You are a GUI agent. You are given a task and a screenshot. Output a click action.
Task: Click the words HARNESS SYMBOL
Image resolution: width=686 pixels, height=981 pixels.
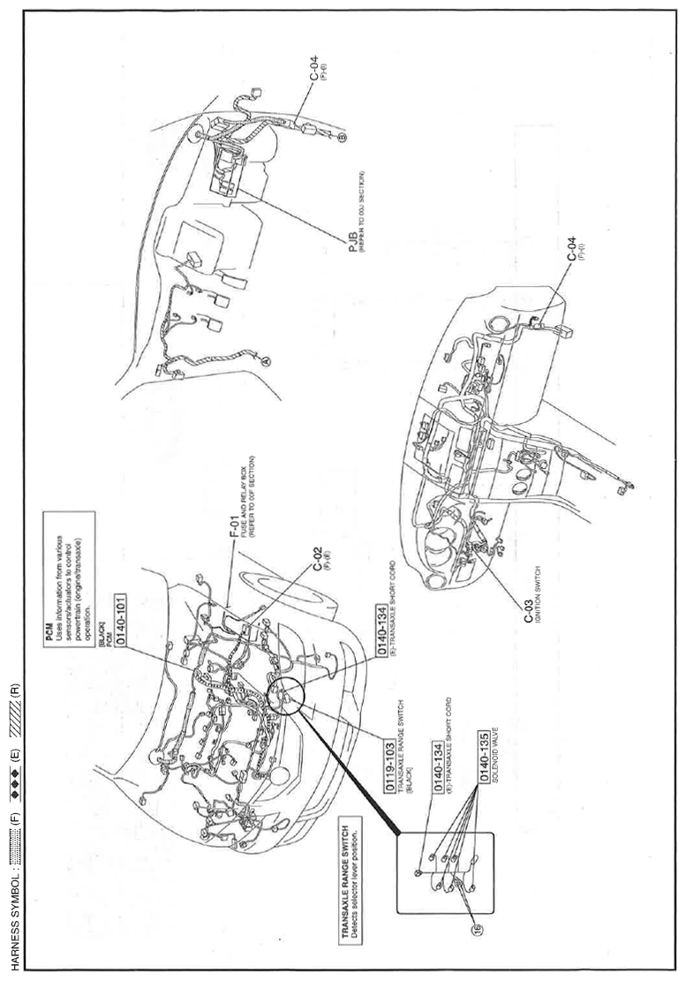(x=16, y=918)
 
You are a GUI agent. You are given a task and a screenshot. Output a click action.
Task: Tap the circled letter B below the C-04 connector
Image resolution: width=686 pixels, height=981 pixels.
(x=343, y=138)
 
